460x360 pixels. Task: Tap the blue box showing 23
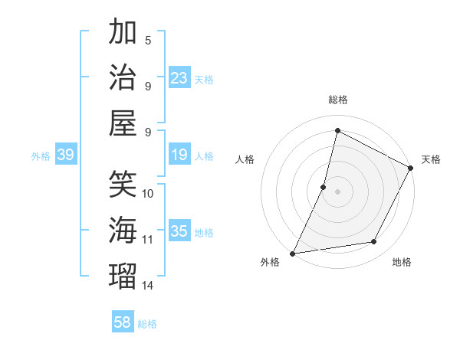click(x=179, y=77)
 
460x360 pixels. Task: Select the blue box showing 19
click(x=179, y=155)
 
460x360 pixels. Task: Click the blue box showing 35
click(x=179, y=231)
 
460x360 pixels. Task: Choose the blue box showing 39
click(x=66, y=155)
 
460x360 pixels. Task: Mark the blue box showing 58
click(x=123, y=322)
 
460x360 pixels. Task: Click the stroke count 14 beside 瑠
click(x=148, y=286)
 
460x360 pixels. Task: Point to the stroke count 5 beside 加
click(x=148, y=40)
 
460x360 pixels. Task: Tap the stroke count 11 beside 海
click(x=148, y=240)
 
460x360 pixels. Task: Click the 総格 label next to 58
click(x=148, y=324)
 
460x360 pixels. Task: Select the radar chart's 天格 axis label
click(x=431, y=159)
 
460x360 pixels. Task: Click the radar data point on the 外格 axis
click(x=292, y=254)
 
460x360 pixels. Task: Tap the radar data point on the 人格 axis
click(x=324, y=187)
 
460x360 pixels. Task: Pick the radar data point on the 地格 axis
click(x=374, y=242)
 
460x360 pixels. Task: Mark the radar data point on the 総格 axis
click(x=337, y=131)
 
